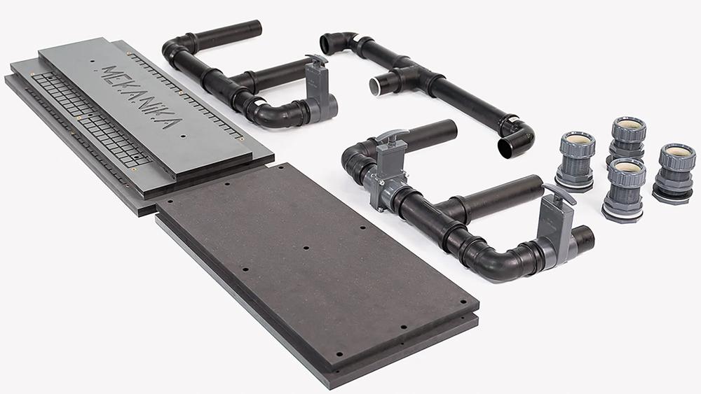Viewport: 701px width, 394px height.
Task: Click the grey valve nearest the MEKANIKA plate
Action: tap(319, 87)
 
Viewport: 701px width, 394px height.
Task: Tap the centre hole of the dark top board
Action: tap(306, 248)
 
